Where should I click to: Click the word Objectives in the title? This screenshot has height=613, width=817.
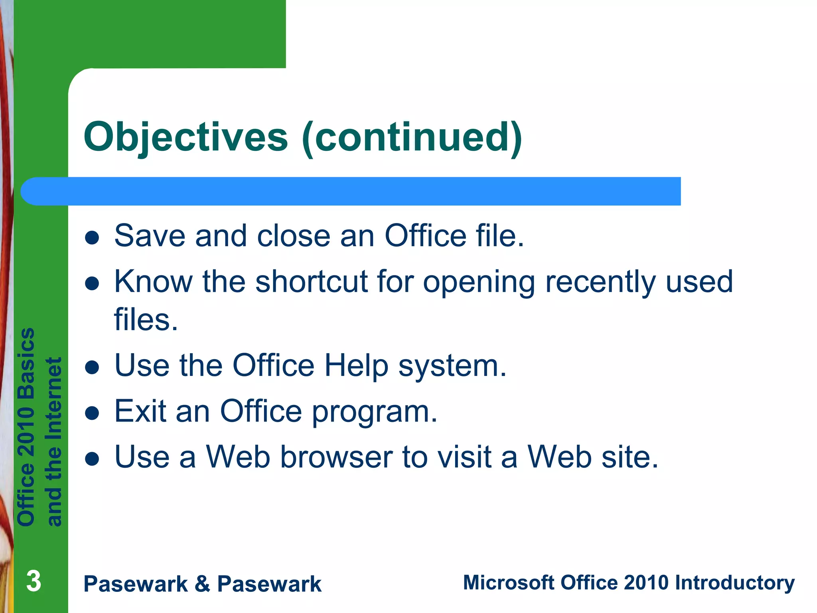(186, 137)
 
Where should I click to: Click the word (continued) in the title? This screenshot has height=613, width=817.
(412, 137)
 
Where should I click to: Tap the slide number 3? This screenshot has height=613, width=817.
(34, 581)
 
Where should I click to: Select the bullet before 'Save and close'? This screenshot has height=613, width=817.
(92, 237)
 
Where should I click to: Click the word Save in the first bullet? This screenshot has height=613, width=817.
(150, 236)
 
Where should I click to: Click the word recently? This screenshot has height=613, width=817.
(600, 282)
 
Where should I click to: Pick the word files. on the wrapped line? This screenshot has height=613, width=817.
(146, 320)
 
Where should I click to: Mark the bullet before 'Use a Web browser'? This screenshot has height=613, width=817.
(92, 459)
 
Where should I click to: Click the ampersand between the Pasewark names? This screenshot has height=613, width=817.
(202, 584)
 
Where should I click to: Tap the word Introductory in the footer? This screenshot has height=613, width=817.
(734, 583)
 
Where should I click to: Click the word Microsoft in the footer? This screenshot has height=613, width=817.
(509, 583)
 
